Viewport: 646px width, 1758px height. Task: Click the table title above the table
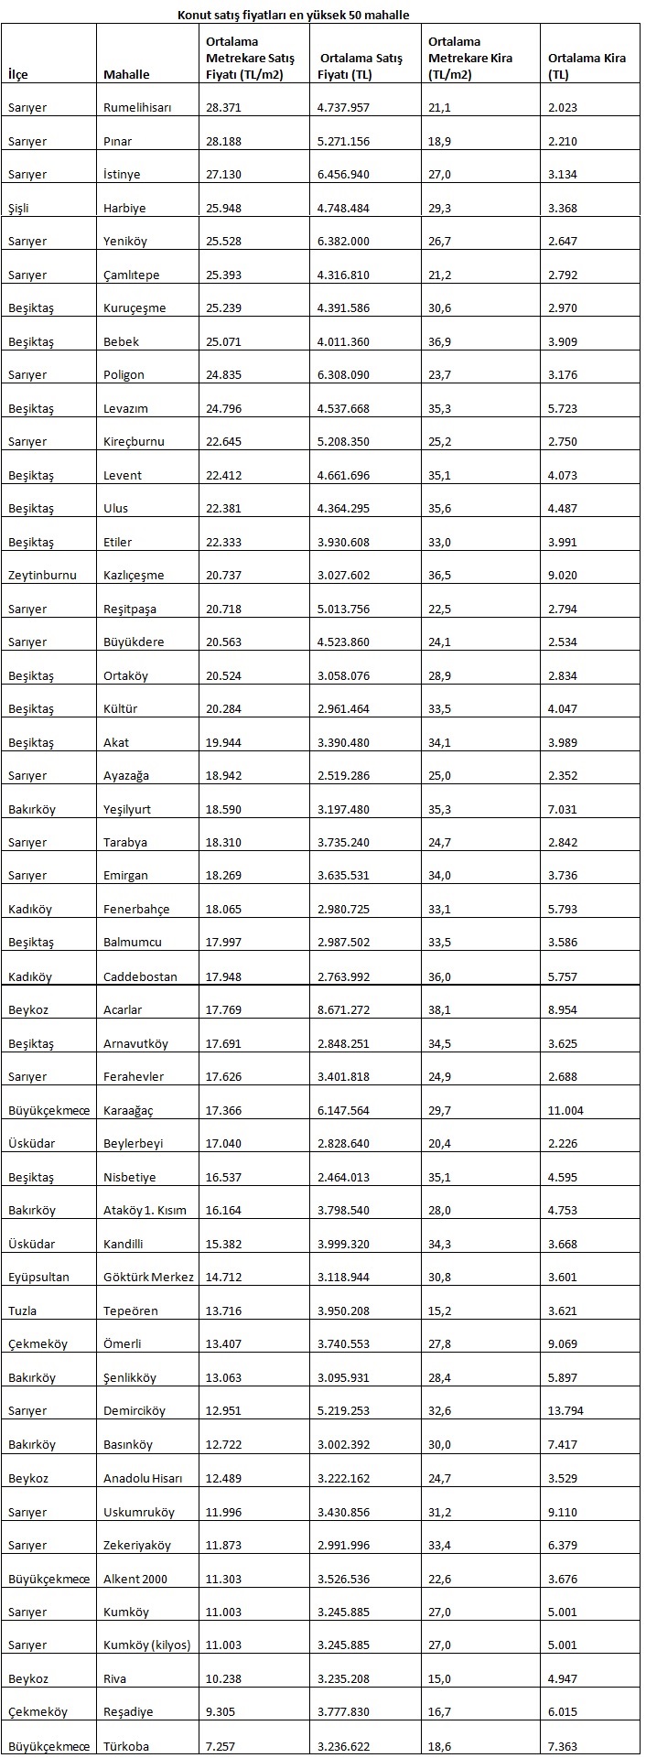293,16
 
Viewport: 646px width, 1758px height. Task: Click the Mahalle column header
126,74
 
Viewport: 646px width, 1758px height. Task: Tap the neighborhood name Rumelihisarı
137,108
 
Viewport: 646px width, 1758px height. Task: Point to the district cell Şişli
18,209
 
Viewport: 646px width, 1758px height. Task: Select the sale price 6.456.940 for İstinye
343,175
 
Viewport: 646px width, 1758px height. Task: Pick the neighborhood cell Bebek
122,342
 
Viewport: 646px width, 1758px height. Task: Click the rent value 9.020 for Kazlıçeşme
563,576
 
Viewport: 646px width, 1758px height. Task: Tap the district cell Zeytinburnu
42,576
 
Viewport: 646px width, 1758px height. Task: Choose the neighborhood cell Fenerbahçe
136,910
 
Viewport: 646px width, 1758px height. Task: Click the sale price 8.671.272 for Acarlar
343,1010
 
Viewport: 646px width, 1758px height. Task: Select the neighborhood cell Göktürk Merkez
148,1278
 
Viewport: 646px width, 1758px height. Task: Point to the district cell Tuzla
23,1311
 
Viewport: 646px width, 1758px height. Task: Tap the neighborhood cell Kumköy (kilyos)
146,1645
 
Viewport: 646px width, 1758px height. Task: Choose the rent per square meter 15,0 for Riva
439,1679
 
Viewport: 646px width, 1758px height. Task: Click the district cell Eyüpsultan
38,1278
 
